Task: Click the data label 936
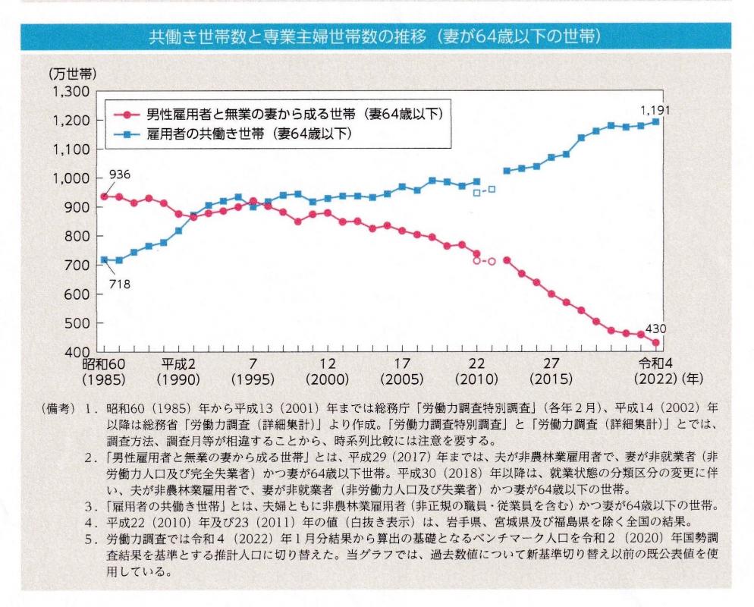pyautogui.click(x=120, y=175)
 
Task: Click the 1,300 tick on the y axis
pyautogui.click(x=73, y=93)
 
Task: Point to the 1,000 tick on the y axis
pyautogui.click(x=73, y=179)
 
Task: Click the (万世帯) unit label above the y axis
pyautogui.click(x=74, y=74)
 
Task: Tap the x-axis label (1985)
pyautogui.click(x=104, y=379)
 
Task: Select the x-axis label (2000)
pyautogui.click(x=328, y=379)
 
